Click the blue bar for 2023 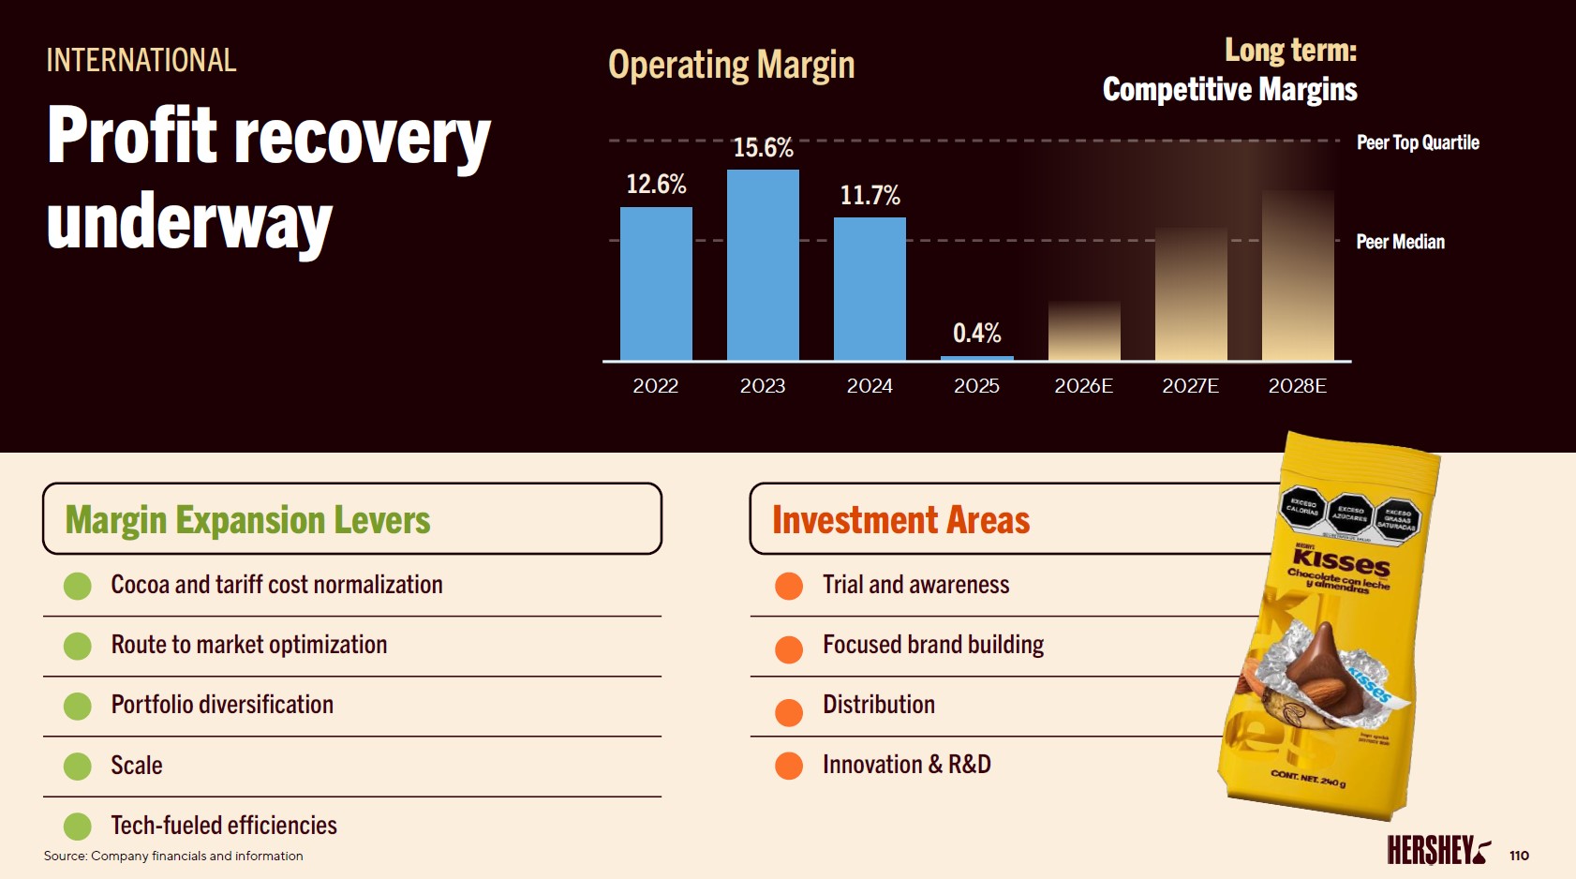pyautogui.click(x=763, y=264)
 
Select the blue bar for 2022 pyautogui.click(x=656, y=283)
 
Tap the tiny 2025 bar pyautogui.click(x=976, y=357)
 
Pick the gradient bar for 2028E pyautogui.click(x=1298, y=276)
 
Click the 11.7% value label pyautogui.click(x=870, y=195)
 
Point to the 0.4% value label pyautogui.click(x=976, y=333)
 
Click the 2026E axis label pyautogui.click(x=1083, y=386)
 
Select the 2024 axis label pyautogui.click(x=870, y=386)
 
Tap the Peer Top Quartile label pyautogui.click(x=1418, y=142)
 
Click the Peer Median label pyautogui.click(x=1400, y=242)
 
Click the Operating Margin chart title pyautogui.click(x=731, y=65)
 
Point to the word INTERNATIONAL pyautogui.click(x=141, y=60)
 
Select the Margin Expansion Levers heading pyautogui.click(x=247, y=520)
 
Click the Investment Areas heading pyautogui.click(x=900, y=520)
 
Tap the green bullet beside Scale pyautogui.click(x=78, y=767)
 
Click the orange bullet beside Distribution pyautogui.click(x=789, y=712)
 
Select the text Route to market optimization pyautogui.click(x=249, y=645)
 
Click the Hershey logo pyautogui.click(x=1438, y=850)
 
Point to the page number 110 pyautogui.click(x=1519, y=856)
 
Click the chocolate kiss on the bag pyautogui.click(x=1323, y=671)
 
